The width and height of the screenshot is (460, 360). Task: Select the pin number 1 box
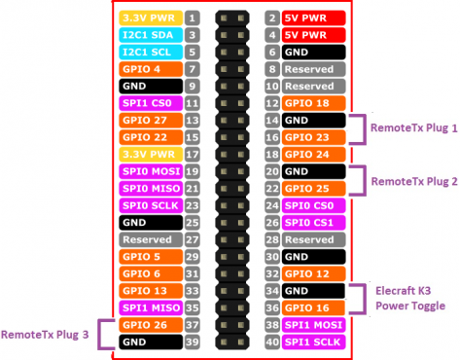coord(193,18)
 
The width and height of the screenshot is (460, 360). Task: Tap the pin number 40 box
coord(271,342)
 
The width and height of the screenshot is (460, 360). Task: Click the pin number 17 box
coord(193,154)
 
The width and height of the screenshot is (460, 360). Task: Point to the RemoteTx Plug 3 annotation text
coord(46,334)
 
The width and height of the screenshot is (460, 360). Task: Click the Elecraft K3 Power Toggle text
coord(410,298)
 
